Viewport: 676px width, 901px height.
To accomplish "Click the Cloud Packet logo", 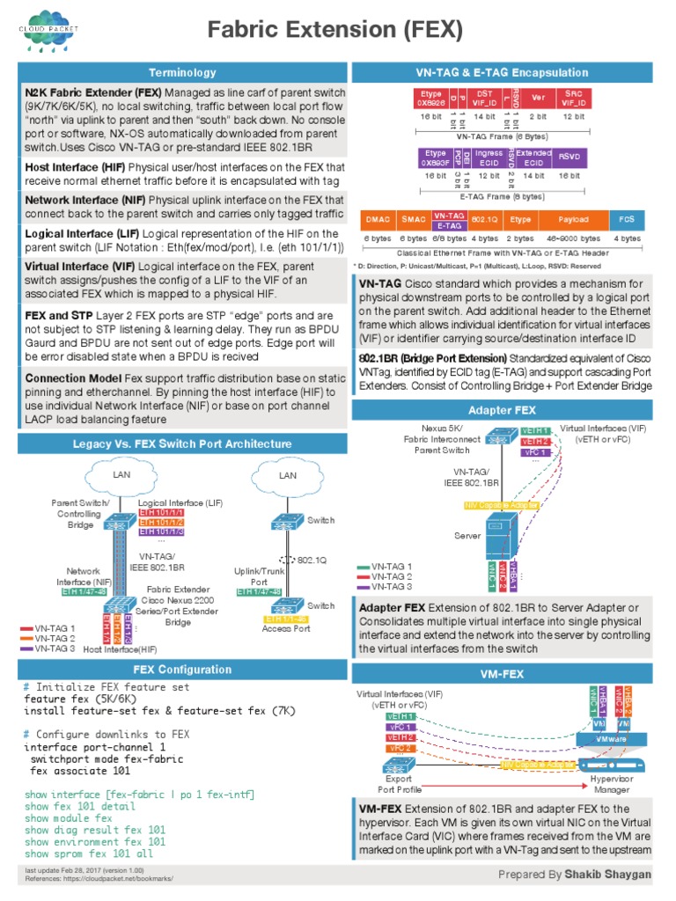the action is pyautogui.click(x=45, y=33).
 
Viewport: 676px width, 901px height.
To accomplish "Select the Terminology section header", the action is pyautogui.click(x=182, y=72).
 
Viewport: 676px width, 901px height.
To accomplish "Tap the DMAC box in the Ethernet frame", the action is pyautogui.click(x=378, y=218).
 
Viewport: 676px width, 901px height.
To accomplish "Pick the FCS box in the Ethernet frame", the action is pyautogui.click(x=626, y=218).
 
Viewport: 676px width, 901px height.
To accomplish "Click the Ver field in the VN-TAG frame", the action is pyautogui.click(x=539, y=97).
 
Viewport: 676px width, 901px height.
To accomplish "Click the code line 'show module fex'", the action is pyautogui.click(x=69, y=817).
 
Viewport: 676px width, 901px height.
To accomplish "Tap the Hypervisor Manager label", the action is pyautogui.click(x=613, y=783).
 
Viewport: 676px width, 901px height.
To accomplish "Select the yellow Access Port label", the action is pyautogui.click(x=285, y=628).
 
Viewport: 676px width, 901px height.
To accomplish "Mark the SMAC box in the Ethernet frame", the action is pyautogui.click(x=413, y=218).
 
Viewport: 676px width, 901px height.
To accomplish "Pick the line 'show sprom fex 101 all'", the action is pyautogui.click(x=89, y=853).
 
